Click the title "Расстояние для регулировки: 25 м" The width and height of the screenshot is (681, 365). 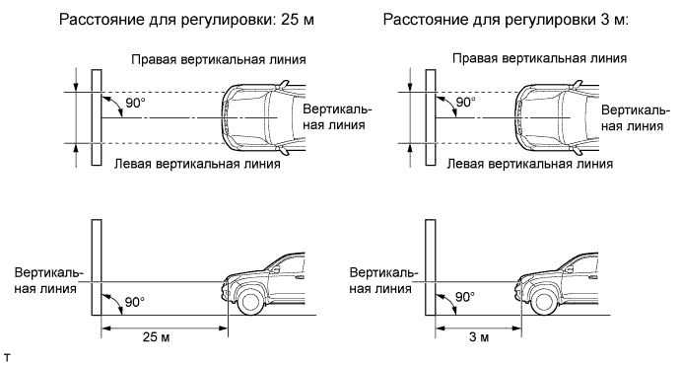(186, 21)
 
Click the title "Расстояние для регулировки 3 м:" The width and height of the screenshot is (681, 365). (506, 21)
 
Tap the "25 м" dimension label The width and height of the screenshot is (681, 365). (156, 336)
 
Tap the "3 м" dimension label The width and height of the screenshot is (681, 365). (479, 336)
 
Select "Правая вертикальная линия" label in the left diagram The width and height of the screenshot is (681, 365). (219, 59)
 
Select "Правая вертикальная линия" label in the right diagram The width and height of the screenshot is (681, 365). (539, 58)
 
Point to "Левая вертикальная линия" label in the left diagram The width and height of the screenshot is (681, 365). (197, 164)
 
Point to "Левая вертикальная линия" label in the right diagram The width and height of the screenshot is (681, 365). (530, 164)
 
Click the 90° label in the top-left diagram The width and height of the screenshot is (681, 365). (136, 104)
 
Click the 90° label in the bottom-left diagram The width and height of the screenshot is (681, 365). (134, 302)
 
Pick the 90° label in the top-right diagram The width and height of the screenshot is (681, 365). (465, 103)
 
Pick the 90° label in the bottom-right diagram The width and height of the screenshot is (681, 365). (465, 297)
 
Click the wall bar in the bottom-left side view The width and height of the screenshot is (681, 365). (97, 267)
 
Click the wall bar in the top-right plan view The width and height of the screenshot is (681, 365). (431, 117)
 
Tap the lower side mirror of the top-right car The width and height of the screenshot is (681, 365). (578, 151)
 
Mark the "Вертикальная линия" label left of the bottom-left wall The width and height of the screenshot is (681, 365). (48, 281)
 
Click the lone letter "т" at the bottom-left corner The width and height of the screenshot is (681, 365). (6, 358)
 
